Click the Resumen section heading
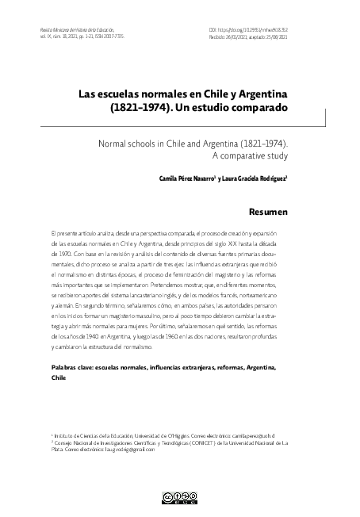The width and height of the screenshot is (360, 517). click(268, 213)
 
